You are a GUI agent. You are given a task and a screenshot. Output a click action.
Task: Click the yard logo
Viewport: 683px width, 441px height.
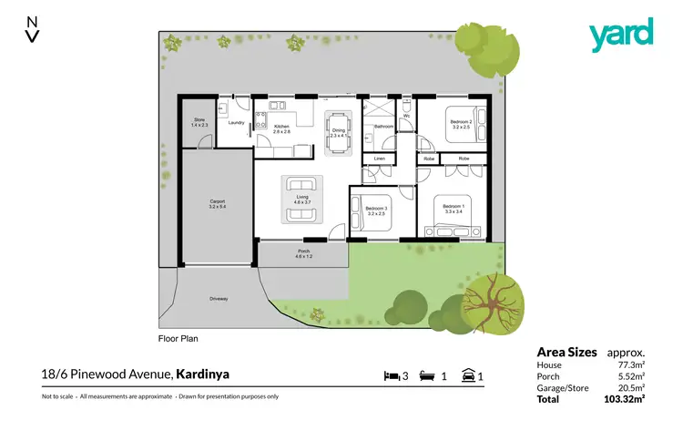click(x=621, y=35)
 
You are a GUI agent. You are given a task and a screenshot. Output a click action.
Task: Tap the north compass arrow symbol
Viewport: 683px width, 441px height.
click(x=33, y=28)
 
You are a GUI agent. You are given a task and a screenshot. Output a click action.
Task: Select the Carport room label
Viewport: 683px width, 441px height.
click(x=218, y=203)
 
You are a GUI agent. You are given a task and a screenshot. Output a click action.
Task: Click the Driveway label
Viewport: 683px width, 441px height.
click(x=219, y=299)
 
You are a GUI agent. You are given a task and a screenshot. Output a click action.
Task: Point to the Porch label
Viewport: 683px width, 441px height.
click(x=303, y=256)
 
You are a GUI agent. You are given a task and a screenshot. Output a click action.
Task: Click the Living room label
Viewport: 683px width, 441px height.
click(x=300, y=198)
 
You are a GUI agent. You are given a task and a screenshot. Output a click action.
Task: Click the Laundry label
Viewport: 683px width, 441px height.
click(x=234, y=122)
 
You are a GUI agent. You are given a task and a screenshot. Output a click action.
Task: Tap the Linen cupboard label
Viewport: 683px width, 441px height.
click(x=379, y=159)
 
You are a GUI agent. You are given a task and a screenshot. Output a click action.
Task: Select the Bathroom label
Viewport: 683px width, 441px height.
click(x=382, y=127)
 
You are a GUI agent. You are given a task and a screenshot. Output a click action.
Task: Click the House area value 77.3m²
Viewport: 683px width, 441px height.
click(x=632, y=364)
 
